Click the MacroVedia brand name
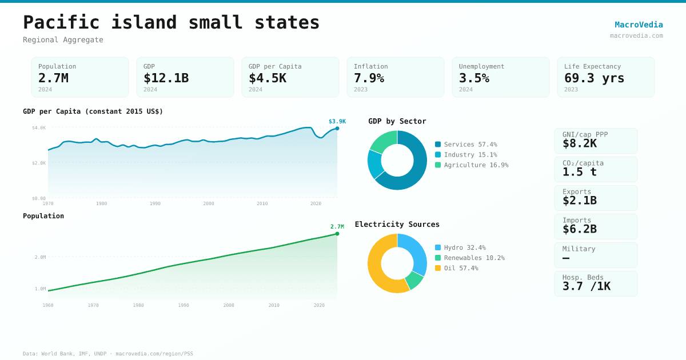click(639, 25)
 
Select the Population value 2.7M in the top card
click(53, 78)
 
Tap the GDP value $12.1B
click(166, 78)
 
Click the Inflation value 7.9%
click(369, 78)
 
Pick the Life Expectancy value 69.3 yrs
click(594, 78)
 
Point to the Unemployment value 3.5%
click(474, 78)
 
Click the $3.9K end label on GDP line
click(337, 121)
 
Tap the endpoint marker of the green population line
click(337, 234)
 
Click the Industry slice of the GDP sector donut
click(375, 163)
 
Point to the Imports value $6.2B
click(579, 229)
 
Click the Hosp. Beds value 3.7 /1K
click(586, 286)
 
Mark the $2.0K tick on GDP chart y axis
click(39, 163)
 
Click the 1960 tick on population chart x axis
click(48, 305)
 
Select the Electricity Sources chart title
click(397, 224)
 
